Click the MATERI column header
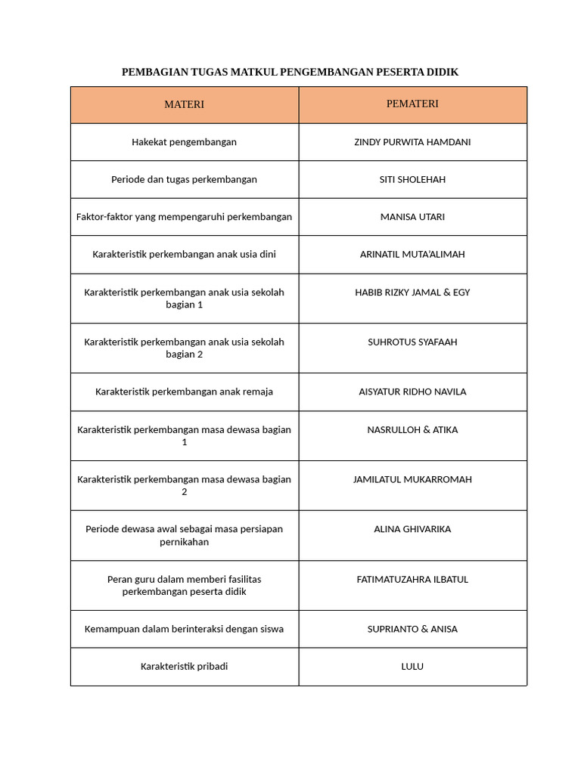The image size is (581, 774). [x=184, y=104]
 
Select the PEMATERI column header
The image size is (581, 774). [x=412, y=104]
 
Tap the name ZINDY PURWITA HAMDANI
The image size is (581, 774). [x=412, y=142]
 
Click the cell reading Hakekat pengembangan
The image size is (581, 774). [x=184, y=142]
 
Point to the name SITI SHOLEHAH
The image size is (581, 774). [x=412, y=179]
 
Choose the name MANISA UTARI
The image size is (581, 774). [x=412, y=217]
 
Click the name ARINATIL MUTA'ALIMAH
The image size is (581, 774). [x=412, y=254]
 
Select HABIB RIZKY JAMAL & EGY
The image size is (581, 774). [x=412, y=292]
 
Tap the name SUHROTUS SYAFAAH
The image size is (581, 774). [x=412, y=342]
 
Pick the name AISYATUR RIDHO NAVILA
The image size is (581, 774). [x=412, y=392]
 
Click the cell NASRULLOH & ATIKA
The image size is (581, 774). [x=412, y=429]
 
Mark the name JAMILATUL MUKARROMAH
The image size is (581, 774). [x=412, y=479]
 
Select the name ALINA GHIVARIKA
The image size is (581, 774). [x=412, y=529]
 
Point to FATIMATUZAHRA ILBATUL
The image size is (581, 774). [x=412, y=579]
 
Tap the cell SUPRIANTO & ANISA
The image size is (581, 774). [x=412, y=629]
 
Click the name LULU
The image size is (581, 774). [x=412, y=667]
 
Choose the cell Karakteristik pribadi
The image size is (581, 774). [x=184, y=667]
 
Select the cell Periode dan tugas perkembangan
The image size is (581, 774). [x=184, y=179]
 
